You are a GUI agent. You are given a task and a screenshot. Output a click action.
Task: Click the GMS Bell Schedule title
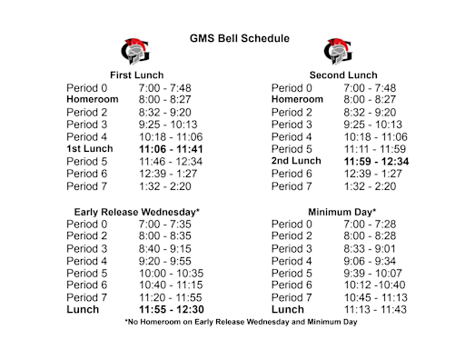click(240, 39)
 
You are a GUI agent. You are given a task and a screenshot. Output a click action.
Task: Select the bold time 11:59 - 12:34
click(377, 161)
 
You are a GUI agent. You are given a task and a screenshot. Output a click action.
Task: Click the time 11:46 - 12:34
click(171, 161)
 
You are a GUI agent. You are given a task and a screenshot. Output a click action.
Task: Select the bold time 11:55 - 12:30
click(171, 309)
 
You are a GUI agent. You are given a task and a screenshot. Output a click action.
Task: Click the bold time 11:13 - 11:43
click(377, 309)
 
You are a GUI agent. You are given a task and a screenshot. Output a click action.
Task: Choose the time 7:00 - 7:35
click(164, 224)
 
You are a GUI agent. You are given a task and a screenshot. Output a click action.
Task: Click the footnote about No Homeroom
click(240, 322)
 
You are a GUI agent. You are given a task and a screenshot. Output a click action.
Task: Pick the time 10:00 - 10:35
click(171, 273)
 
